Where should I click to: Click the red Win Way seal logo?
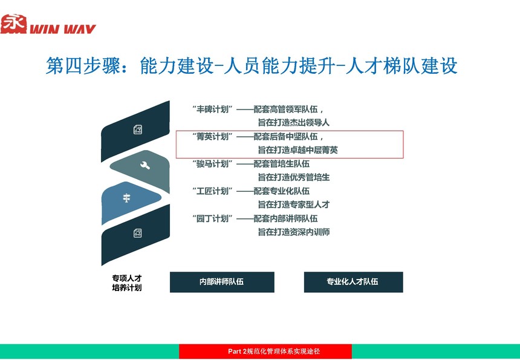point(13,24)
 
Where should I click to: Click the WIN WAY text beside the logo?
point(63,29)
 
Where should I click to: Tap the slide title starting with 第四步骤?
point(252,65)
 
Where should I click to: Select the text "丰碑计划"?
point(212,109)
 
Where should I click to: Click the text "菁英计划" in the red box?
point(212,136)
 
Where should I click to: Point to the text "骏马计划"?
point(212,163)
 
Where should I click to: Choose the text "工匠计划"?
point(212,191)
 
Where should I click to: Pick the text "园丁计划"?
point(212,218)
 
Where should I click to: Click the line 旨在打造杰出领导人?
point(294,122)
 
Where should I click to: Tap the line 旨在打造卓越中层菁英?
point(298,150)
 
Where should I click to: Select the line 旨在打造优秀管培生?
point(294,177)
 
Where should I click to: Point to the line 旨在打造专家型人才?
point(294,205)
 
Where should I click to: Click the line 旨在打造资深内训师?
point(294,232)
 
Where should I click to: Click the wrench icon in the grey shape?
point(145,165)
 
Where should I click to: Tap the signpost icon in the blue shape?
point(126,198)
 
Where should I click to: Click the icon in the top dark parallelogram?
point(138,129)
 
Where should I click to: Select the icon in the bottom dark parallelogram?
point(138,233)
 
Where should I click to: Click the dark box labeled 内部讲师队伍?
point(222,282)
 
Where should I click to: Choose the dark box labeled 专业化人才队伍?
point(353,282)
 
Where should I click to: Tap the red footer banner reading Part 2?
point(265,352)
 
